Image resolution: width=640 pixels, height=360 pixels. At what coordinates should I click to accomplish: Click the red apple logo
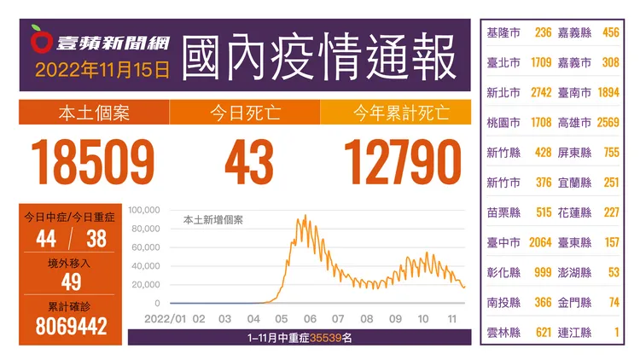tap(41, 39)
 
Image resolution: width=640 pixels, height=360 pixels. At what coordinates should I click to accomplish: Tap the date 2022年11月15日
tap(102, 70)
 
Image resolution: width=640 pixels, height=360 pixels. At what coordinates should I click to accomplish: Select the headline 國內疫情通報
tap(318, 57)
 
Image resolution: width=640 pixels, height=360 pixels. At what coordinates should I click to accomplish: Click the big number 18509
tap(93, 161)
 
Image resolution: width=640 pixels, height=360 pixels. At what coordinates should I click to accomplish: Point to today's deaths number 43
tap(249, 161)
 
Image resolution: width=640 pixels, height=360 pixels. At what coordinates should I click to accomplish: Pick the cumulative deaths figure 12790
tap(403, 161)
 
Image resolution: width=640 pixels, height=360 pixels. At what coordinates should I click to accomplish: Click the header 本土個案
tap(94, 113)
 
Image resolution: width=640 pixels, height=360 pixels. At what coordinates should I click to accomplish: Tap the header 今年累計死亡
tap(402, 113)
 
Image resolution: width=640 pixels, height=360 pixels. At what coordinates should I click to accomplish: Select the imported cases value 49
tap(71, 282)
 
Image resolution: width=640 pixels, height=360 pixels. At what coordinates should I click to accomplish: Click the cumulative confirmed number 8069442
tap(71, 326)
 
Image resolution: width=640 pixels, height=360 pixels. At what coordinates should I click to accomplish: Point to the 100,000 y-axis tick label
tap(144, 210)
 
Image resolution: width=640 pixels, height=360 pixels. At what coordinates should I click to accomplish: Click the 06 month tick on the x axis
tap(310, 319)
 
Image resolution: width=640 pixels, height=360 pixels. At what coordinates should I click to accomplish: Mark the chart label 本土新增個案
tap(213, 220)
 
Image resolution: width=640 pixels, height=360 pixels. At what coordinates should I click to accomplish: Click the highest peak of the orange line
tap(305, 216)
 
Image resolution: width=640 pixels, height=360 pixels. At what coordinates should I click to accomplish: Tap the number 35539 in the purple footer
tap(326, 338)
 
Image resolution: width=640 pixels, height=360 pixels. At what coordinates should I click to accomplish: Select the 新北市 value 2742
tap(541, 93)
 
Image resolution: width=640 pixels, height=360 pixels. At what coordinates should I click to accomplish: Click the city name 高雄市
tap(574, 123)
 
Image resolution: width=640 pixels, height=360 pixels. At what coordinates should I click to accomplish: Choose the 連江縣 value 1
tap(617, 332)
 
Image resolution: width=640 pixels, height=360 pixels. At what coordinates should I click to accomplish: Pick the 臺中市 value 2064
tap(540, 242)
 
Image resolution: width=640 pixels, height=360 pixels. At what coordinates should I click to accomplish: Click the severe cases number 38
tap(96, 239)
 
